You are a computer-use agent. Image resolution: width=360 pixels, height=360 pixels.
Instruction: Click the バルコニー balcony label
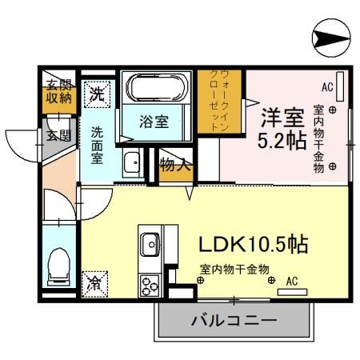coord(234,322)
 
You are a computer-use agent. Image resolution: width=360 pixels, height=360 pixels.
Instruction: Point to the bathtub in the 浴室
coord(154,87)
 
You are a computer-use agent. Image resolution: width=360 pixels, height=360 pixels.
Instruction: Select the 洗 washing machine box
coord(97,92)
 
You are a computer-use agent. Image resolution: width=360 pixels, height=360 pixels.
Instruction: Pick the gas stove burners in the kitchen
coord(150,284)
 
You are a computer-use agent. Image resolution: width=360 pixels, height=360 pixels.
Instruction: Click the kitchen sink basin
coord(150,242)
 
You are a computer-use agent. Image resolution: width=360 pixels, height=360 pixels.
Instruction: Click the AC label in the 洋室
coord(327,86)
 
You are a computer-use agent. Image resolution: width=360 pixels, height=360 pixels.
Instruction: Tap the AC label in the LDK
coord(291,281)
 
